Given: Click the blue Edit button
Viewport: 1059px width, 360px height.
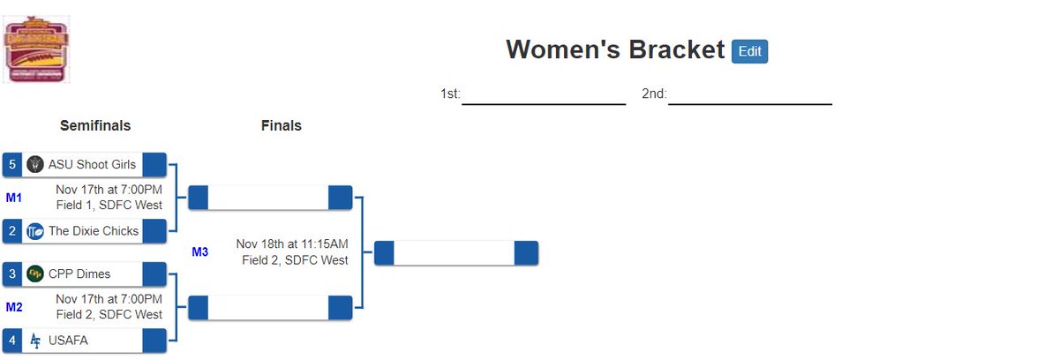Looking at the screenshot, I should (x=749, y=51).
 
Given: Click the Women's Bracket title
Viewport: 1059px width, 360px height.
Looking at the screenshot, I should (x=615, y=50).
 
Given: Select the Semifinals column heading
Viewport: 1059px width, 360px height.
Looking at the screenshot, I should (x=95, y=126).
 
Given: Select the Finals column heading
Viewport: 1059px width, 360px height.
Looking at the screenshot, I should (x=281, y=126).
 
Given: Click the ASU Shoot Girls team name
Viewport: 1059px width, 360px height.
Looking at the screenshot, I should (x=93, y=164).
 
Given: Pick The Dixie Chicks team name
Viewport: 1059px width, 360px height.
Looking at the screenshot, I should (x=94, y=231).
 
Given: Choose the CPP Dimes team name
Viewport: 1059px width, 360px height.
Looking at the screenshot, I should (x=79, y=274).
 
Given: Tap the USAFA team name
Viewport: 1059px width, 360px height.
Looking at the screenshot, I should (x=68, y=341).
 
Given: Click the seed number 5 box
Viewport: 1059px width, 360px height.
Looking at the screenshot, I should (x=12, y=164).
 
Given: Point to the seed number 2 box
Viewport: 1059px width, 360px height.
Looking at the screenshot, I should (x=12, y=231).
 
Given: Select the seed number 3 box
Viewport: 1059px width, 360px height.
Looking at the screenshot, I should (x=12, y=274).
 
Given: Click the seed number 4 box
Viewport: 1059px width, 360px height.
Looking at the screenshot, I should (x=12, y=341).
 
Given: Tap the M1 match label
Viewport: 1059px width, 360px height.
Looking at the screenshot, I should (x=13, y=198).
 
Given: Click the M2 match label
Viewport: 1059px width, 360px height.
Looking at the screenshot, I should (x=13, y=307).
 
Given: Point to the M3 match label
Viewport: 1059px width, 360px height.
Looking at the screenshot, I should (x=200, y=252).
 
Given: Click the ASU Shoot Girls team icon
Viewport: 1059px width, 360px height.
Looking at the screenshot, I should (x=35, y=164).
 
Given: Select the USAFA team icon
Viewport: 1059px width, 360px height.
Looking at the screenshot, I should (x=35, y=341).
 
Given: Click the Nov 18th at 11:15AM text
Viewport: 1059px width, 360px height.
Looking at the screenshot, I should (x=292, y=244).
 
